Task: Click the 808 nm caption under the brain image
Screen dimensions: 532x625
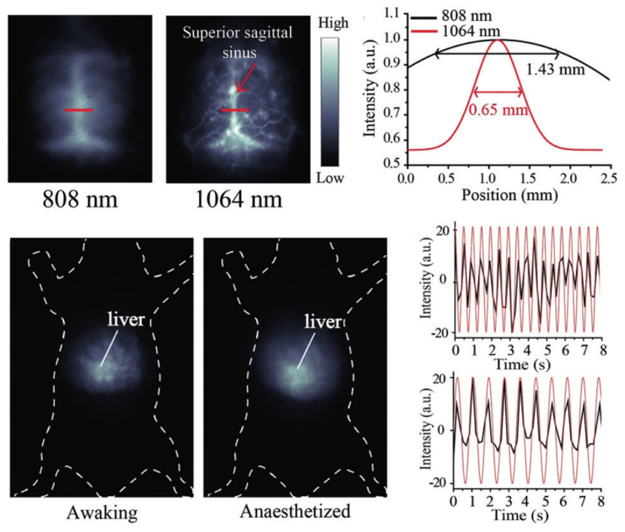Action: [80, 200]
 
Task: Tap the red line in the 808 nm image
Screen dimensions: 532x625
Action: [78, 110]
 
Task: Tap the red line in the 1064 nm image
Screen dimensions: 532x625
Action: [234, 110]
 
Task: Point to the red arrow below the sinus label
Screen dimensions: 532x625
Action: [243, 76]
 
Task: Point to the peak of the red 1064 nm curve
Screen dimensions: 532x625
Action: [498, 40]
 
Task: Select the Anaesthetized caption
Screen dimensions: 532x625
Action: [296, 512]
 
